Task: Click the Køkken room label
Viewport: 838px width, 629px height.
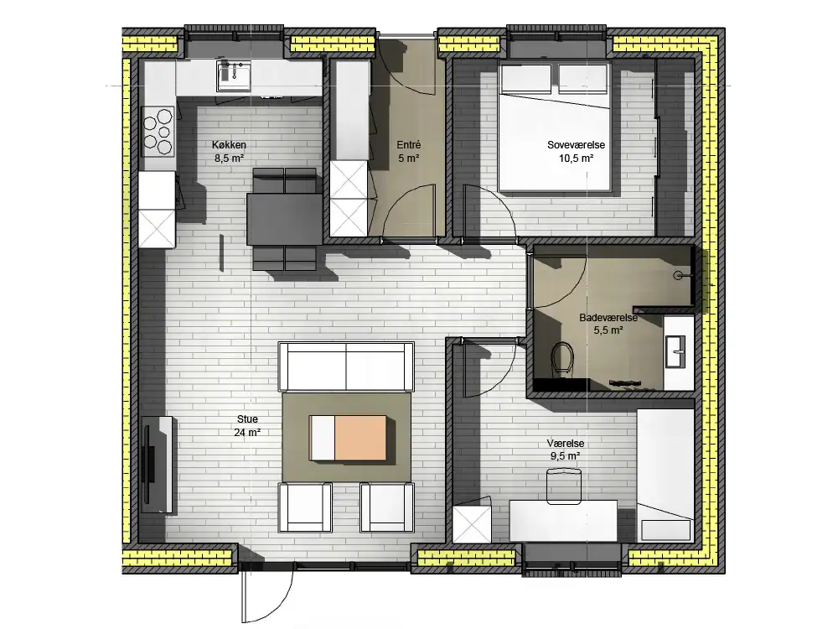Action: coord(229,145)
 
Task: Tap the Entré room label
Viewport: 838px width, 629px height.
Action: coord(409,145)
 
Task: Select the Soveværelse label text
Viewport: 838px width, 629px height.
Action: coord(577,145)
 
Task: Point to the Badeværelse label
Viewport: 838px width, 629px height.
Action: coord(608,318)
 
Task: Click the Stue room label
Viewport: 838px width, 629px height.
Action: coord(247,419)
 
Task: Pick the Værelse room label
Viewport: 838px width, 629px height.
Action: coord(566,444)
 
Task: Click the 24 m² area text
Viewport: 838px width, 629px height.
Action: coord(247,433)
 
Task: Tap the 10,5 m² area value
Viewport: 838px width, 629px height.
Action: coord(577,159)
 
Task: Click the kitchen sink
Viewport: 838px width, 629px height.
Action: coord(234,75)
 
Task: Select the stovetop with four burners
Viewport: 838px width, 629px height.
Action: coord(158,131)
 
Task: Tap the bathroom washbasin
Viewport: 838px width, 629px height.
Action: coord(675,351)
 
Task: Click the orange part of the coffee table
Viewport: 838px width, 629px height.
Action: coord(360,438)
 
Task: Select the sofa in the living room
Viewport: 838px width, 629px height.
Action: coord(346,367)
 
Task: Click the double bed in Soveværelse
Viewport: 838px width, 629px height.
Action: coord(554,127)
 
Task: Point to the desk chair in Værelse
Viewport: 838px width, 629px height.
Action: coord(564,486)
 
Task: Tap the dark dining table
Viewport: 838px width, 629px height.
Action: coord(285,219)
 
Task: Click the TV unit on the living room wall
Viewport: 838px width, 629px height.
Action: coord(158,465)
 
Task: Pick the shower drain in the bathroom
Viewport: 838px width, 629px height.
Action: coord(677,276)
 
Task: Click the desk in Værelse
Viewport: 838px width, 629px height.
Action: coord(563,521)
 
